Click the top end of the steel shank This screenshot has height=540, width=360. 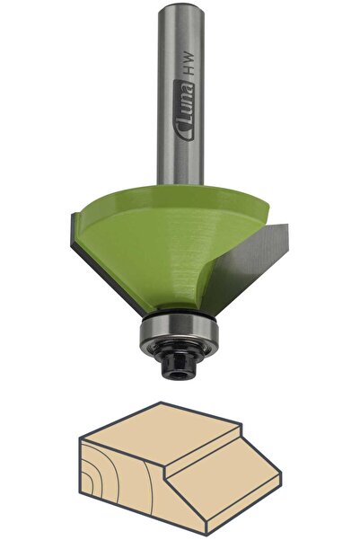(180, 7)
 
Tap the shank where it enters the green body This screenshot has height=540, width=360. (179, 182)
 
